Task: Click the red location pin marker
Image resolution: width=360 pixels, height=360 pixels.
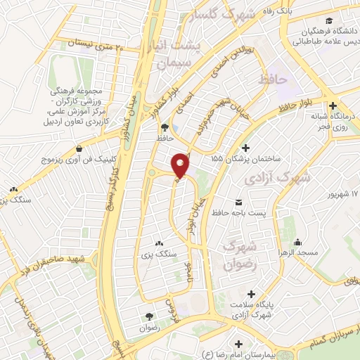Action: click(181, 165)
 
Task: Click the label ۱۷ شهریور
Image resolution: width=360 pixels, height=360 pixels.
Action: click(345, 193)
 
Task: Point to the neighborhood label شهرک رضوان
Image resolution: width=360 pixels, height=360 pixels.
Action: click(237, 254)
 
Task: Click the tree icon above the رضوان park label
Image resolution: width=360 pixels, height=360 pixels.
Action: click(148, 316)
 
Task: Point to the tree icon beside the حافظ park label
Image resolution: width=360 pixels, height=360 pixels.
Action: click(165, 127)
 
